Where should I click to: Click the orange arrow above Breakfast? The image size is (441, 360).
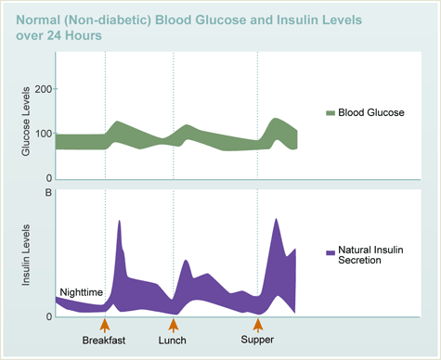pos(105,324)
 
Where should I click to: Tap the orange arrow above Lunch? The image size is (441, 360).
pos(173,324)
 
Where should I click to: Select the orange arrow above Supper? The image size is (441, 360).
pos(258,324)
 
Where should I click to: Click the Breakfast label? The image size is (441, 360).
pos(104,341)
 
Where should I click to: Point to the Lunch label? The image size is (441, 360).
pos(173,341)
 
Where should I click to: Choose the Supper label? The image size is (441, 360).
pos(257,341)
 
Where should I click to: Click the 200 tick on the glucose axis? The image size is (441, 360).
pos(40,90)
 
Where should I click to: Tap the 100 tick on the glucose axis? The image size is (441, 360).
pos(40,135)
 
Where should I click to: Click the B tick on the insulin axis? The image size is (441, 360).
pos(47,193)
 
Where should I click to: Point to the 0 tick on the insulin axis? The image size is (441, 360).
pos(47,316)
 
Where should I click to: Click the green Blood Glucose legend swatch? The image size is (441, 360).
pos(330,113)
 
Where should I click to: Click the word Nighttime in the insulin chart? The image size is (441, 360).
pos(80,292)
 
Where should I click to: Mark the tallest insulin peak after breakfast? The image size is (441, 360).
pos(120,223)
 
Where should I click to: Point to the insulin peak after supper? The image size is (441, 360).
pos(276,221)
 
